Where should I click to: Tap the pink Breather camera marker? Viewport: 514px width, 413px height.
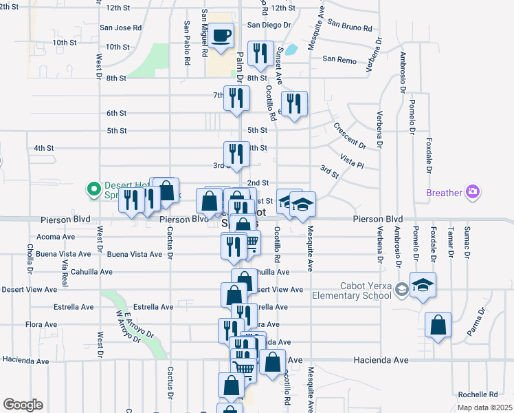pos(472,193)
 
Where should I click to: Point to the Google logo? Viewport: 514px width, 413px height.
pos(23,405)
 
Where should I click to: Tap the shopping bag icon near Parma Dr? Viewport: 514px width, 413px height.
pos(438,324)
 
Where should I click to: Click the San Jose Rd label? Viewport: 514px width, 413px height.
pos(121,28)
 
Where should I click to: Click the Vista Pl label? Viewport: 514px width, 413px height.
pos(351,161)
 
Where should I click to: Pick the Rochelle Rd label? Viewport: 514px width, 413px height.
pos(478,394)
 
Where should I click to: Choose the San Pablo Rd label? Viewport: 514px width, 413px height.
pos(187,43)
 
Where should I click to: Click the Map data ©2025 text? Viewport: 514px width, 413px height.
pos(484,407)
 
